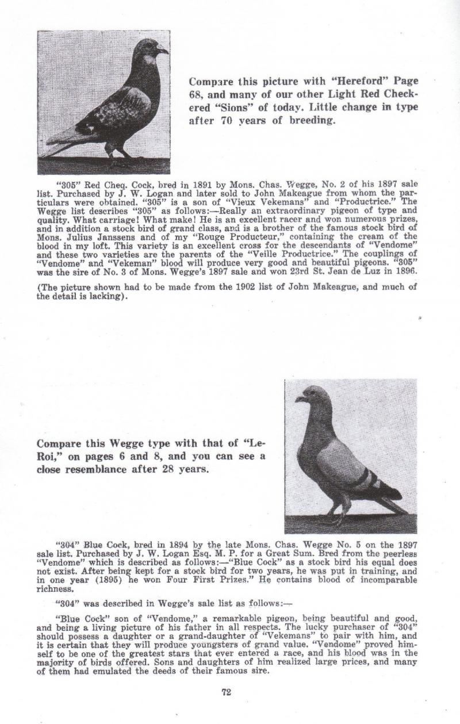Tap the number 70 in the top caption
coord(220,121)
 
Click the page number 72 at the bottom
coord(226,692)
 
